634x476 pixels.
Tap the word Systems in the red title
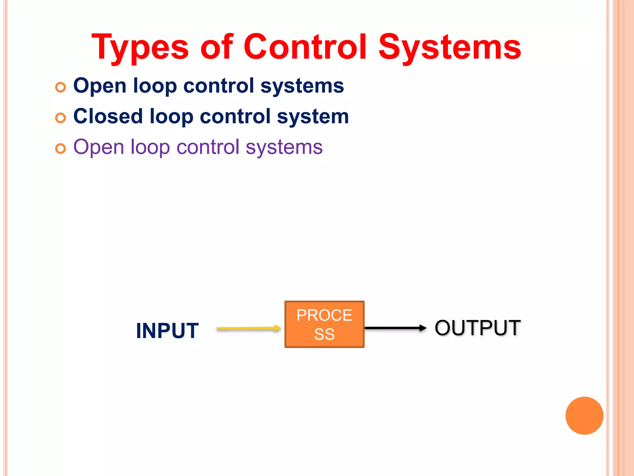click(x=449, y=48)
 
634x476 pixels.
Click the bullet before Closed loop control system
click(x=60, y=118)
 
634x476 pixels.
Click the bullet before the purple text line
click(x=60, y=149)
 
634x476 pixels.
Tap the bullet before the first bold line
click(x=60, y=87)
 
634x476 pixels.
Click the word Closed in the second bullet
click(x=107, y=116)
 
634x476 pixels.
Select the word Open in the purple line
click(x=98, y=148)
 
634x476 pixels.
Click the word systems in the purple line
click(x=284, y=148)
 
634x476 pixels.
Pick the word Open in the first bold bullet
click(x=100, y=86)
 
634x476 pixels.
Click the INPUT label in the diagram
click(x=167, y=331)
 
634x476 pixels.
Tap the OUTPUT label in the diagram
click(x=477, y=328)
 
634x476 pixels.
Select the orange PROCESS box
click(x=324, y=324)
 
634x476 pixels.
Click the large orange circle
click(x=584, y=416)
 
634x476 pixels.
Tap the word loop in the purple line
click(x=150, y=148)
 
